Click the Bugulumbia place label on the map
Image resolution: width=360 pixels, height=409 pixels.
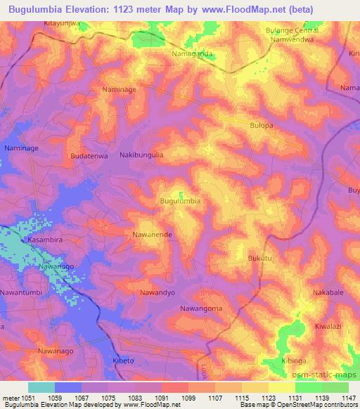[181, 201]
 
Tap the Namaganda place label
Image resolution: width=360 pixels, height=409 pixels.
[193, 53]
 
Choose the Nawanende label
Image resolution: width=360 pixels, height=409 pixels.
[153, 234]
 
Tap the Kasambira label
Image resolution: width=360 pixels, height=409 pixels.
[46, 240]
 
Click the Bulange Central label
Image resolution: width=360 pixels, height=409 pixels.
[292, 31]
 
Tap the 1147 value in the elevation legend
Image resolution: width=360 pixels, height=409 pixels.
[347, 398]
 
